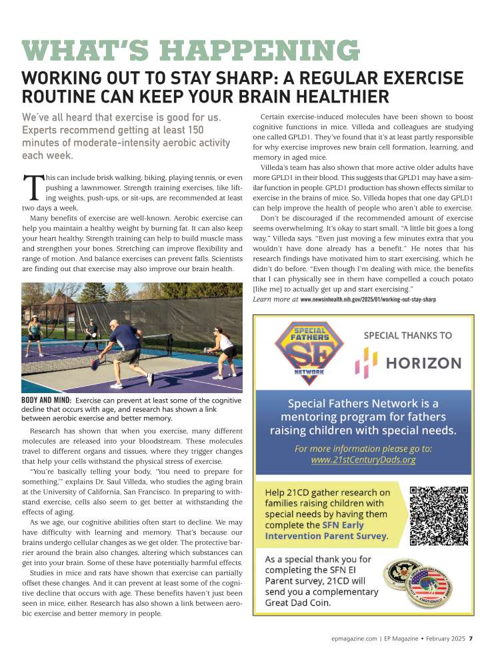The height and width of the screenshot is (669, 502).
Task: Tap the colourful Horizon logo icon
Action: tap(366, 363)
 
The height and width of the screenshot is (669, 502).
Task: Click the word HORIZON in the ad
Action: tap(423, 363)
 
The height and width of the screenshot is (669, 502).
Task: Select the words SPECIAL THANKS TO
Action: tap(407, 335)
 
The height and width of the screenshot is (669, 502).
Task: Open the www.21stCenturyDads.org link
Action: tap(363, 459)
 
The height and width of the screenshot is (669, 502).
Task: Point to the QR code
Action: tap(439, 516)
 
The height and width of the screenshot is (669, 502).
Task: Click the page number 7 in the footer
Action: tap(471, 638)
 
